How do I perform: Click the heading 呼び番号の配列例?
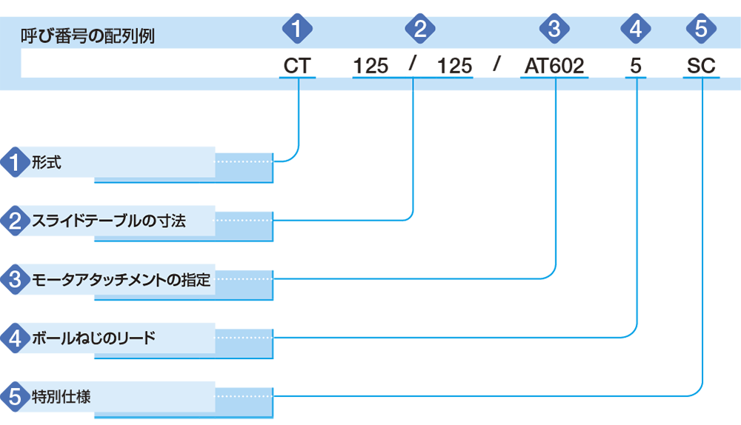tap(87, 36)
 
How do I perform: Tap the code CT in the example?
tap(297, 66)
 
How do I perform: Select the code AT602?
tap(554, 66)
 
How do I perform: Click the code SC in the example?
tap(701, 66)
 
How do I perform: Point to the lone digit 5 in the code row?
tap(636, 66)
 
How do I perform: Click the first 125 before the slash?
tap(370, 66)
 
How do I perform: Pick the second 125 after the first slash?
tap(454, 66)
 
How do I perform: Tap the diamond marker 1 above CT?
tap(297, 29)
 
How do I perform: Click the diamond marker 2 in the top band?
tap(420, 29)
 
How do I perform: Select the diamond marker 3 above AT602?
tap(554, 29)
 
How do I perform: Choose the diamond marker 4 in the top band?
tap(636, 29)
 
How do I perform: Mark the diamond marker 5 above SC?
tap(701, 29)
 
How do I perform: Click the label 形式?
tap(46, 162)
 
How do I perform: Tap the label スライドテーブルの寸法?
tap(109, 221)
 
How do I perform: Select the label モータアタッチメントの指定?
tap(121, 280)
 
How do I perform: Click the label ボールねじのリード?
tap(93, 338)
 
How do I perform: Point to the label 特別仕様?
tap(61, 397)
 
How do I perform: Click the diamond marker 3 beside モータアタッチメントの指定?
tap(15, 280)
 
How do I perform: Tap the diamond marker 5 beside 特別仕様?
tap(15, 397)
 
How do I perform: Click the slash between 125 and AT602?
tap(496, 63)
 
